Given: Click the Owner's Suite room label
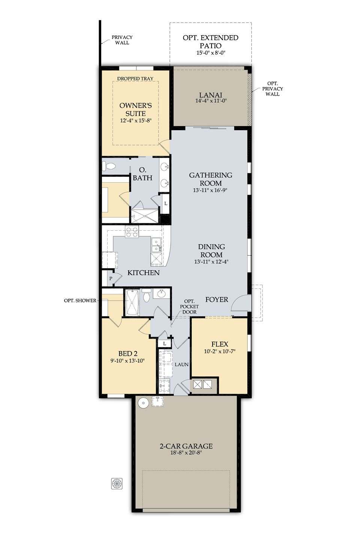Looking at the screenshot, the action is coord(135,109).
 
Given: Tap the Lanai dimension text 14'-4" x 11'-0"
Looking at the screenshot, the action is coord(211,101).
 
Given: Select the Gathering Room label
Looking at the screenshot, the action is coord(210,179).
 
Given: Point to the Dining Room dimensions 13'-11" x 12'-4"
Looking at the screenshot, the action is coord(211,262).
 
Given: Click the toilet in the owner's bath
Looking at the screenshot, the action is coord(109,166).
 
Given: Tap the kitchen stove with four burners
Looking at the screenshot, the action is coord(132,232).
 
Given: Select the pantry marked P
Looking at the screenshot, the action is coord(111,278).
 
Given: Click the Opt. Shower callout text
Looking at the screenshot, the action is coord(80,301).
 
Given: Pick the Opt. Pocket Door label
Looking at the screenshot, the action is coord(189,307).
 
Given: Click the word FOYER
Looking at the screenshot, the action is coord(216,300).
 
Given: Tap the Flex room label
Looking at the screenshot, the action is coord(220,344).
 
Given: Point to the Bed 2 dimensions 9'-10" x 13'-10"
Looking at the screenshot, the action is coord(127,361).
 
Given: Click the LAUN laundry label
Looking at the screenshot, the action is coord(181,364).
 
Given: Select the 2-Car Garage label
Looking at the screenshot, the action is coord(186,446).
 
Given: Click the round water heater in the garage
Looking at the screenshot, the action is coord(144,403).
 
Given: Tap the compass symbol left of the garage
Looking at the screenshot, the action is coord(117,484).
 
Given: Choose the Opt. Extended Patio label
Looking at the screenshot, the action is coord(210,42).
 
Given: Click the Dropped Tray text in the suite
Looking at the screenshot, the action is coord(135,79).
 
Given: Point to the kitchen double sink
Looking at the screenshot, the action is coord(156,244).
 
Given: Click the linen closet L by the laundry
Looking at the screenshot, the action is coord(165,343).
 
